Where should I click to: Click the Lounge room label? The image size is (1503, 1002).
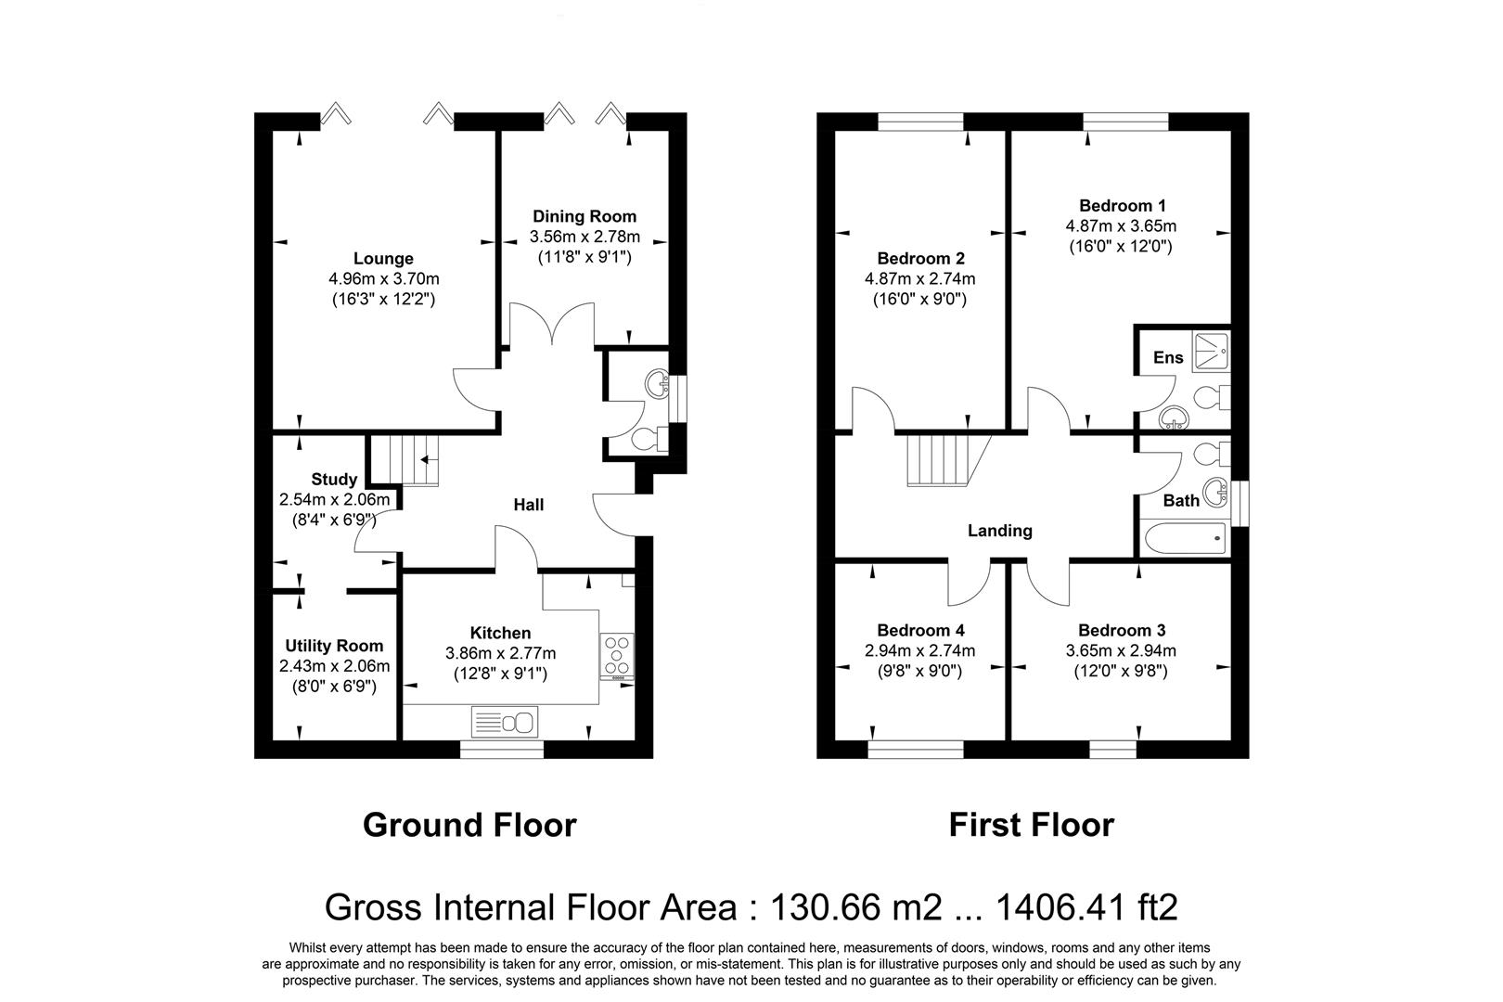click(383, 258)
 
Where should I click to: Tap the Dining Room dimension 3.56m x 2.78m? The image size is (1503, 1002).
click(584, 237)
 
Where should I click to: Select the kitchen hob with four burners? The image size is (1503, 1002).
click(617, 657)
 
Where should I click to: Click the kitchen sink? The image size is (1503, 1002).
click(505, 723)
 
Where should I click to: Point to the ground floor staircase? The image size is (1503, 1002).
click(405, 460)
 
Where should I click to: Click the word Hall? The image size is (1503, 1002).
click(529, 505)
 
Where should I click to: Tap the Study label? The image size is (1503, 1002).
click(334, 479)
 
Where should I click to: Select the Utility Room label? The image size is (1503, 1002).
click(334, 646)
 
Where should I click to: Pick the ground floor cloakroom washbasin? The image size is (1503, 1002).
click(656, 384)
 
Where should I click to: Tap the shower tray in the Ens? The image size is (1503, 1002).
click(1211, 351)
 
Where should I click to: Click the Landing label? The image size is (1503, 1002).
click(1000, 531)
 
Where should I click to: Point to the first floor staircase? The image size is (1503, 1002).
click(949, 460)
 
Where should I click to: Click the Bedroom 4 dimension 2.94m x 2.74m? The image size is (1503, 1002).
click(920, 650)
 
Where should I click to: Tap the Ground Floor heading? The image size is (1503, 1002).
click(469, 825)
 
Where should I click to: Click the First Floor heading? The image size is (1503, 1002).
click(1032, 825)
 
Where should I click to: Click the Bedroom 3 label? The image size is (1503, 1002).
click(1122, 630)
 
